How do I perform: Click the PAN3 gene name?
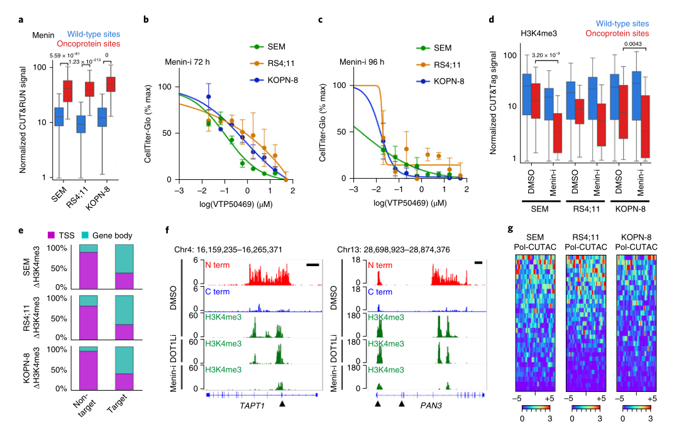pyautogui.click(x=429, y=407)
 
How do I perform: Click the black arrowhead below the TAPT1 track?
pyautogui.click(x=283, y=403)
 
